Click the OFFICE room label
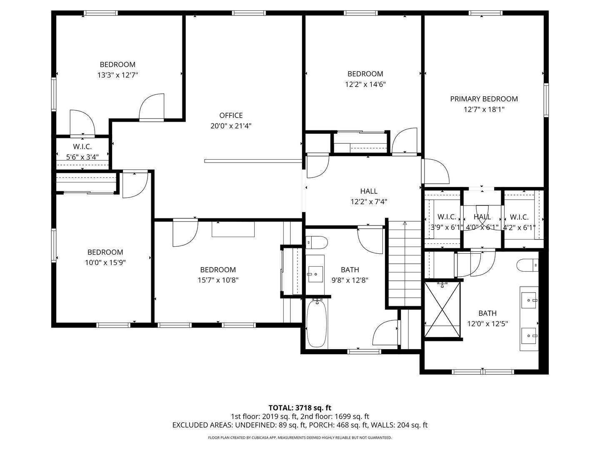tap(231, 115)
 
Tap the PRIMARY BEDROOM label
tap(484, 99)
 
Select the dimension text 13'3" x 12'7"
tap(117, 75)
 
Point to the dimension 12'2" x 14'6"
tap(365, 84)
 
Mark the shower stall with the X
tap(442, 310)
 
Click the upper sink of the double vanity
tap(529, 300)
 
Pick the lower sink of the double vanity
tap(529, 335)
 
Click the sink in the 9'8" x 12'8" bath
tap(315, 274)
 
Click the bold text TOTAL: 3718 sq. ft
tap(300, 407)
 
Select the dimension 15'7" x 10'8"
tap(218, 280)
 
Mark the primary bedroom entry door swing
tap(435, 171)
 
